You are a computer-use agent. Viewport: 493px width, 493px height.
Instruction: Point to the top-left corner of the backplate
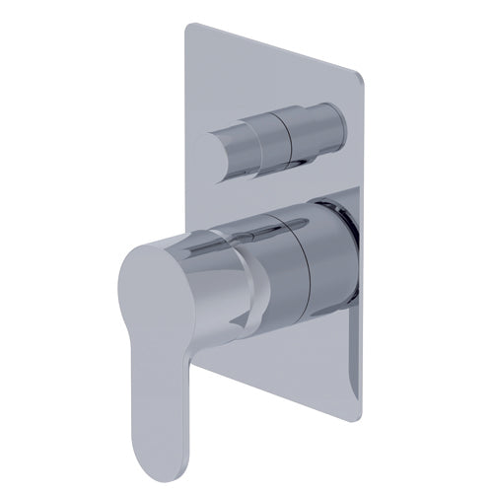[185, 30]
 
